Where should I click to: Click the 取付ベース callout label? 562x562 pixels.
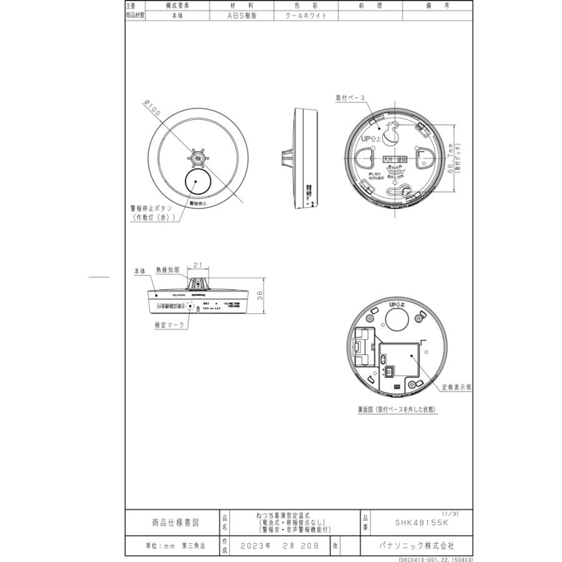coord(350,98)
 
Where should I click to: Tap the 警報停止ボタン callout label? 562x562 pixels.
coord(152,209)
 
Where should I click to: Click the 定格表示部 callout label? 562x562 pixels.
coord(456,388)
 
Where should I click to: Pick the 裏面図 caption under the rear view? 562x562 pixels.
coord(397,410)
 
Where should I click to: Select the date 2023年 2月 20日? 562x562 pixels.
coord(279,545)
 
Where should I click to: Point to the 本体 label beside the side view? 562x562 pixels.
coord(139,272)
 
